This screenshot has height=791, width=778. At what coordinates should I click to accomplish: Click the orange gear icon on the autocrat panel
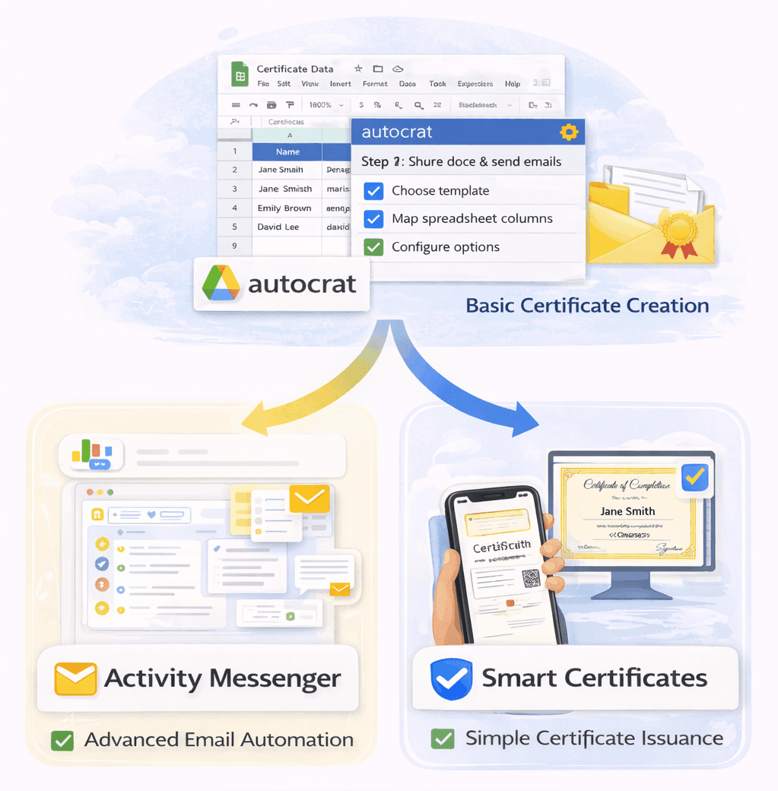pyautogui.click(x=568, y=132)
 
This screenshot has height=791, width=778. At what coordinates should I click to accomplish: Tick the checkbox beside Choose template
pyautogui.click(x=373, y=191)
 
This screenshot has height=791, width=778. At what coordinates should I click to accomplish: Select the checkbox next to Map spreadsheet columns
pyautogui.click(x=373, y=219)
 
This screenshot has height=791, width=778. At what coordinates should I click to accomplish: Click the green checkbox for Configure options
pyautogui.click(x=373, y=247)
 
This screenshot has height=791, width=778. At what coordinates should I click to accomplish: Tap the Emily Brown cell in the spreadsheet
pyautogui.click(x=284, y=208)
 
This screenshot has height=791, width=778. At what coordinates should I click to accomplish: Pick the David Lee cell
pyautogui.click(x=278, y=227)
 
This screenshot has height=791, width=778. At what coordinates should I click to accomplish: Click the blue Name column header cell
pyautogui.click(x=287, y=151)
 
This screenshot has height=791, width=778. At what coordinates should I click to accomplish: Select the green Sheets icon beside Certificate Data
pyautogui.click(x=240, y=74)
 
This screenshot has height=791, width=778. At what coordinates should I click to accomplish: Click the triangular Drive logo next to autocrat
pyautogui.click(x=221, y=283)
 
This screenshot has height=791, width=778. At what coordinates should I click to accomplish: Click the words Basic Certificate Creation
pyautogui.click(x=587, y=306)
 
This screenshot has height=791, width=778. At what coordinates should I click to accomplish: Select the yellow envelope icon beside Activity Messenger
pyautogui.click(x=75, y=678)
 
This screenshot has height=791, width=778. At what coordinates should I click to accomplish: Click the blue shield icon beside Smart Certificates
pyautogui.click(x=452, y=678)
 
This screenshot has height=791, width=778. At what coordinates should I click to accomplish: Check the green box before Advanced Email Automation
pyautogui.click(x=62, y=739)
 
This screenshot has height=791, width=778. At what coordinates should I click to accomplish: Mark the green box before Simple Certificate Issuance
pyautogui.click(x=442, y=739)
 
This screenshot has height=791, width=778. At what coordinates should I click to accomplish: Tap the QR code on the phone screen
pyautogui.click(x=531, y=579)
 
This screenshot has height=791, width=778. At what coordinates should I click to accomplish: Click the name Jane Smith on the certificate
pyautogui.click(x=627, y=511)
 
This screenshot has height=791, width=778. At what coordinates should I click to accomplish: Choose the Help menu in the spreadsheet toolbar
pyautogui.click(x=513, y=84)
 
